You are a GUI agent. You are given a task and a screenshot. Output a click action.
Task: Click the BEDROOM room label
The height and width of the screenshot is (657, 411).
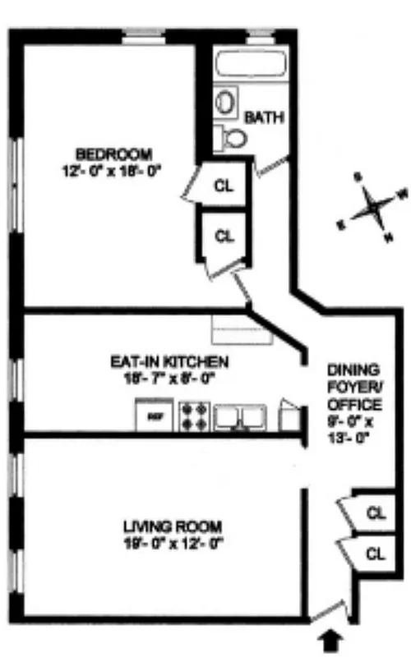pos(113,154)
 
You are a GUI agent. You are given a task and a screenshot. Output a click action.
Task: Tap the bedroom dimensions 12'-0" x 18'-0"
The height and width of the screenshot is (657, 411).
pos(113,171)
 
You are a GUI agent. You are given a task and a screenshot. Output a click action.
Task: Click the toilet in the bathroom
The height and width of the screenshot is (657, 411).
pos(233,137)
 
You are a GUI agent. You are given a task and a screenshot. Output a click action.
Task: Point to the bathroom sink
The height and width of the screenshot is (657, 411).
pos(224,103)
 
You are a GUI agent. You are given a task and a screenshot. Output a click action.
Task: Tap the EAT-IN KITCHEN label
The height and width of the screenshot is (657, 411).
pos(169,361)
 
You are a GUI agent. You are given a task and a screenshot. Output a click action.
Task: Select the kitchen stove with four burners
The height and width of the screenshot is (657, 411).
pos(195,416)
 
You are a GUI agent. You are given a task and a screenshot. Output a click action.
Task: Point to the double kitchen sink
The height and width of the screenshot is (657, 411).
pos(241,416)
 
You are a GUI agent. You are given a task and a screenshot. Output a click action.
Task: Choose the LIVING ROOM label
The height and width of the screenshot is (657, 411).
pos(172,526)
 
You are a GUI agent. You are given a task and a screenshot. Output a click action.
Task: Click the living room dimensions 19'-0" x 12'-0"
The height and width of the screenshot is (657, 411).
pos(173,542)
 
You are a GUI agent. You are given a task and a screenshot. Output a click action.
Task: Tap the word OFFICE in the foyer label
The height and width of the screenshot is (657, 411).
pos(354,405)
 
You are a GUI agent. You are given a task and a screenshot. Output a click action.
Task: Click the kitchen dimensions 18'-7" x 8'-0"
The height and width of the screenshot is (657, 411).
pos(169,379)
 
